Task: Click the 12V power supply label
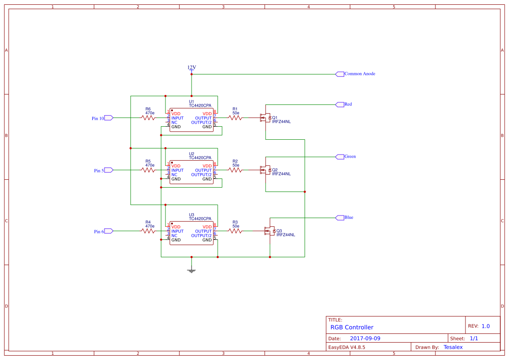click(192, 67)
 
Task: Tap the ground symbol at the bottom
click(192, 270)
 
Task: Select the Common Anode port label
click(359, 74)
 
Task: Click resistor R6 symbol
click(148, 118)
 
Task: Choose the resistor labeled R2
click(235, 170)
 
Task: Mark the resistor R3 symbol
click(235, 231)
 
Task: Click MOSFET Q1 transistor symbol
click(265, 118)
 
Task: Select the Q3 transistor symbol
click(269, 231)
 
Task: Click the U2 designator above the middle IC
click(192, 154)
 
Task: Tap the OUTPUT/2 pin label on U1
click(201, 122)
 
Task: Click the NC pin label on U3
click(174, 236)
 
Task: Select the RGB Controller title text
click(352, 327)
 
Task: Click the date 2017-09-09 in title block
click(365, 338)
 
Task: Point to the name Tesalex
click(453, 347)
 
